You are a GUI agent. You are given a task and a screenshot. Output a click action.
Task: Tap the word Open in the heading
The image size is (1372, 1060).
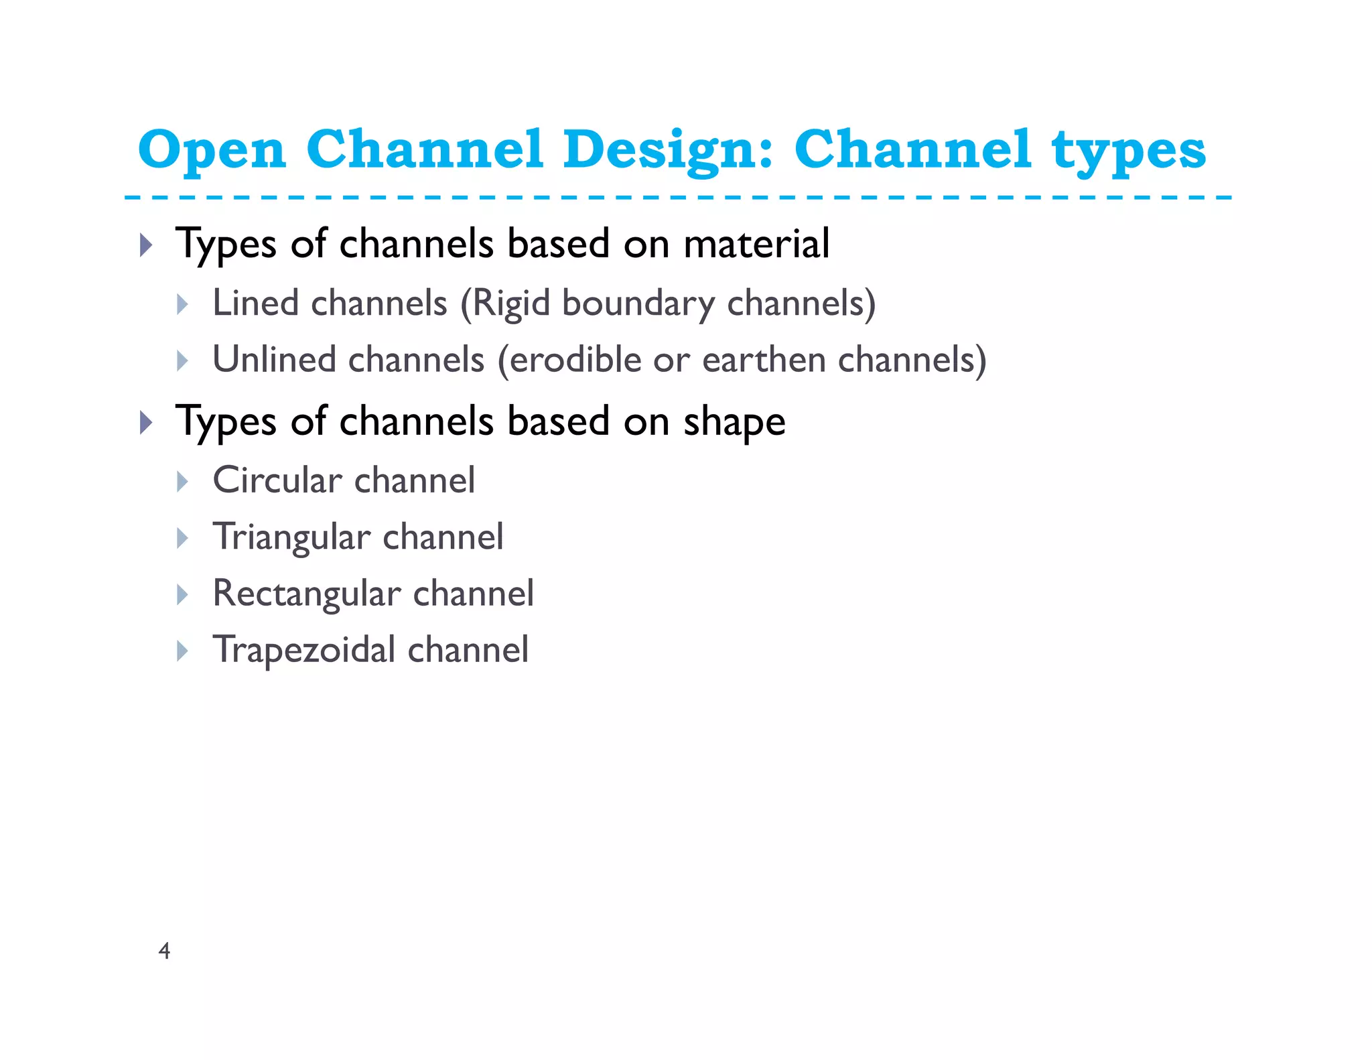(x=212, y=149)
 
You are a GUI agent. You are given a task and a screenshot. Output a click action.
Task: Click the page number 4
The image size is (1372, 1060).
(x=164, y=951)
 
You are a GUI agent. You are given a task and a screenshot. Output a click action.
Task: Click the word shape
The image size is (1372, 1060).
(x=734, y=422)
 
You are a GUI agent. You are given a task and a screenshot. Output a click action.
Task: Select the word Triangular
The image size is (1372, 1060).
(x=291, y=537)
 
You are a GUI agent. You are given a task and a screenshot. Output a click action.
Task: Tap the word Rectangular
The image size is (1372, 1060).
(x=307, y=594)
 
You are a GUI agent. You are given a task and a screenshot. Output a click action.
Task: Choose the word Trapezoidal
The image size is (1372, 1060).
(x=304, y=650)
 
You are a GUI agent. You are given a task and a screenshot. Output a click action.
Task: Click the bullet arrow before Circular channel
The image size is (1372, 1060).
(x=182, y=481)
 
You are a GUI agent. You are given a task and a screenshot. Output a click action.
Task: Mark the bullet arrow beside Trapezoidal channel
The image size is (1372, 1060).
(x=182, y=651)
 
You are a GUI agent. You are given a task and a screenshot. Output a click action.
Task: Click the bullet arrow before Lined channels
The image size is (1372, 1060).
(x=182, y=304)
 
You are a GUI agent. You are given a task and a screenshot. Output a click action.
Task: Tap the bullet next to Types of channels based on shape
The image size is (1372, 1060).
(x=146, y=423)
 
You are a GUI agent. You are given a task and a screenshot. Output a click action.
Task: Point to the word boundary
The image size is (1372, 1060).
(x=638, y=303)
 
